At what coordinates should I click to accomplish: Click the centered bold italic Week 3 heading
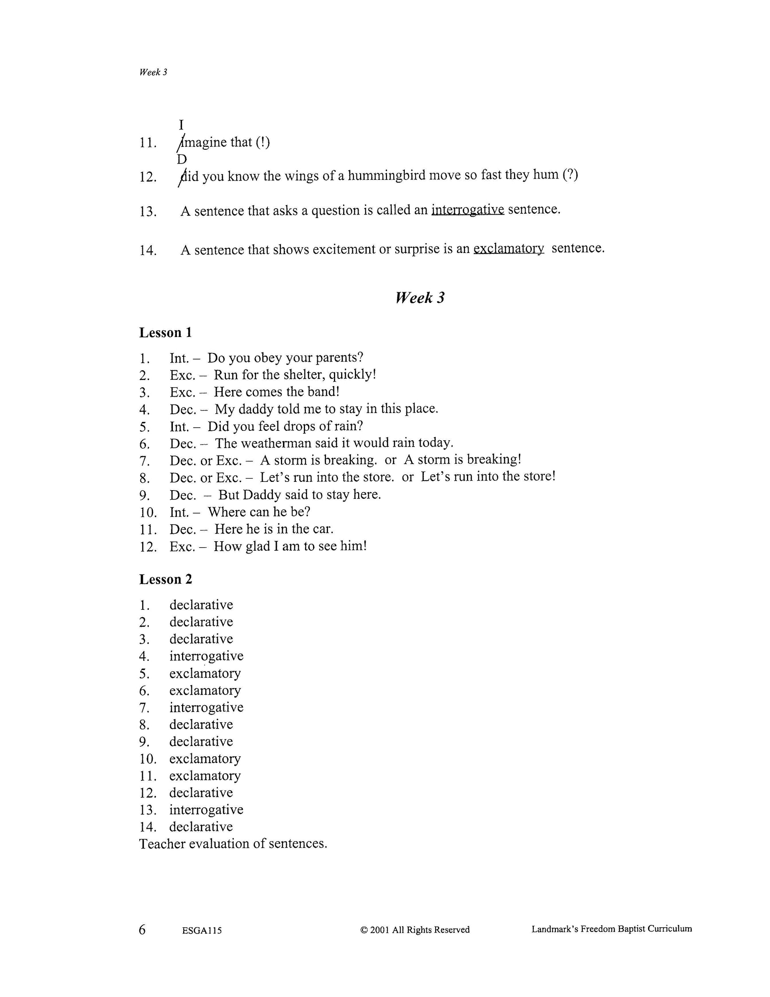(420, 298)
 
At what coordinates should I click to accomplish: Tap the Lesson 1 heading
(165, 332)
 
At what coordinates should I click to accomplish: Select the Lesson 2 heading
(165, 579)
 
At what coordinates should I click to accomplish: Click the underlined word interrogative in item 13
(468, 209)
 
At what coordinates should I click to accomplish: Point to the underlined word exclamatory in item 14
(508, 248)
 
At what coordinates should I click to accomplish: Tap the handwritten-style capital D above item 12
(182, 159)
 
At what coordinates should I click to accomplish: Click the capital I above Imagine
(181, 124)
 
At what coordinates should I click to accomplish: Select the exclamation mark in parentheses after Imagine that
(262, 142)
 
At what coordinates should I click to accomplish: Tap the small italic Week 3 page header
(153, 72)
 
